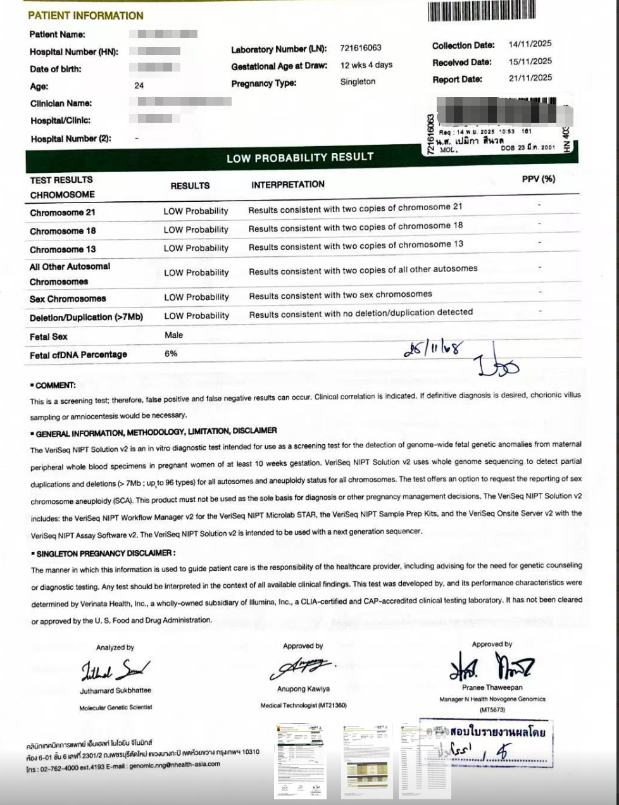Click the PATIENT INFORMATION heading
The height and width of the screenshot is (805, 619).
[x=85, y=15]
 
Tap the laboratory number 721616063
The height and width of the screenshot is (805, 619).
[x=360, y=48]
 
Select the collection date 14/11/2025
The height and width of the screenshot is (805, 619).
[x=530, y=44]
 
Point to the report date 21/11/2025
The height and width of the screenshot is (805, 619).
[x=530, y=78]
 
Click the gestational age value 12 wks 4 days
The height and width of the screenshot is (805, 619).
[x=366, y=65]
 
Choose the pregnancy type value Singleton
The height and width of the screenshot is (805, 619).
[x=358, y=82]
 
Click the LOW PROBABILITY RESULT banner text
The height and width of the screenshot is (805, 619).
[x=300, y=157]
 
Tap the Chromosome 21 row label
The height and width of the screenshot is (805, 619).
[x=63, y=213]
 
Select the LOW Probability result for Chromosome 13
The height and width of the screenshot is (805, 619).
[x=196, y=248]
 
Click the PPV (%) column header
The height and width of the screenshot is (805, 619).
[x=538, y=179]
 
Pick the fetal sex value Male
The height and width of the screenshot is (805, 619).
[x=173, y=335]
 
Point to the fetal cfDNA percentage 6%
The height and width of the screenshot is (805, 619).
[x=171, y=354]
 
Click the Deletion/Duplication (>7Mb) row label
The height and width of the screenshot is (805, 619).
[x=86, y=317]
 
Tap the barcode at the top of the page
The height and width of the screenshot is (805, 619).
[x=481, y=11]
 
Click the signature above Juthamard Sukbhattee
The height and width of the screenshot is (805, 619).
[x=115, y=669]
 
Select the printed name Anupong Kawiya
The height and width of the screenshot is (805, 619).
[x=303, y=689]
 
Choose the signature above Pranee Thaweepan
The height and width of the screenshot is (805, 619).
[x=492, y=666]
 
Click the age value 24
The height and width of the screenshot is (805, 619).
[x=139, y=85]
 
